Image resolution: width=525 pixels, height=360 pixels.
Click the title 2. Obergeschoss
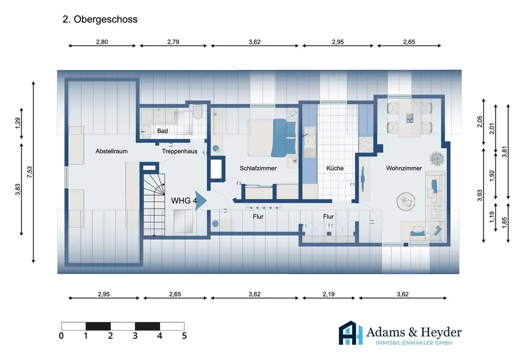click(100, 19)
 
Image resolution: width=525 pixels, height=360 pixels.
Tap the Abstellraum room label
click(111, 151)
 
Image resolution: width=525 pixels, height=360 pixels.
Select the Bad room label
click(162, 131)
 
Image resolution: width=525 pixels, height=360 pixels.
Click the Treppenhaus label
click(180, 151)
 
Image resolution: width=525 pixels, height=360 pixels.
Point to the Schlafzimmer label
click(258, 168)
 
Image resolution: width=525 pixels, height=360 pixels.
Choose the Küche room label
click(335, 168)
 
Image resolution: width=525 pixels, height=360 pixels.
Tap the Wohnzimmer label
click(404, 168)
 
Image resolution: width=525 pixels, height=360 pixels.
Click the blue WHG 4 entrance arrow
click(201, 201)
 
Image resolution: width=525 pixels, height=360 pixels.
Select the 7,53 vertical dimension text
click(30, 172)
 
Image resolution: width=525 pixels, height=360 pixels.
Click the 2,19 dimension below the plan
click(329, 294)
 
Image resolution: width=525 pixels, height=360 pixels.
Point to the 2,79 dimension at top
click(173, 42)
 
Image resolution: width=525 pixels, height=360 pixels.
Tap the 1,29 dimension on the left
click(18, 123)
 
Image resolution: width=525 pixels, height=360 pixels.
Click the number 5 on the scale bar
click(184, 335)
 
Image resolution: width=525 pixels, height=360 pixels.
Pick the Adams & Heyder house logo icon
click(351, 333)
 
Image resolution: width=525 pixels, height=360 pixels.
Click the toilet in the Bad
click(197, 112)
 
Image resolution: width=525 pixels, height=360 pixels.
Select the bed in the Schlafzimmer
click(272, 138)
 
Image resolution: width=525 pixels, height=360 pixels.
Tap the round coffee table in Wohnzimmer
click(406, 202)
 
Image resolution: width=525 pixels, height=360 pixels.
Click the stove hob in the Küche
click(366, 144)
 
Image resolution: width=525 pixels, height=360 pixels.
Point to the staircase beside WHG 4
click(154, 205)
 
